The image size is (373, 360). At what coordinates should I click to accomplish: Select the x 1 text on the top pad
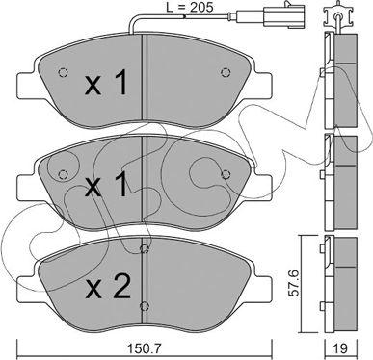click(108, 84)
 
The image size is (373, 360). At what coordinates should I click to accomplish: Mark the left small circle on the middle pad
click(64, 174)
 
